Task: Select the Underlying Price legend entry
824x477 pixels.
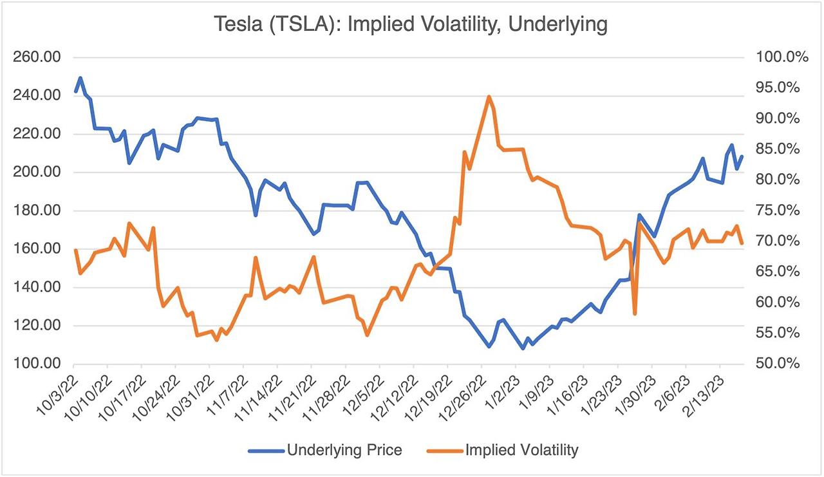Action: pyautogui.click(x=344, y=449)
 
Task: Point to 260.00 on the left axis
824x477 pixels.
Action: pyautogui.click(x=37, y=57)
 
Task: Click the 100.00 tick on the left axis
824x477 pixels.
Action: pyautogui.click(x=37, y=364)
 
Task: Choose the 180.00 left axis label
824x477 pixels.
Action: pyautogui.click(x=37, y=210)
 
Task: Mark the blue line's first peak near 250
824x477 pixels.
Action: pyautogui.click(x=80, y=78)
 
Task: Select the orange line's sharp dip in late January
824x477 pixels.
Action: pyautogui.click(x=635, y=313)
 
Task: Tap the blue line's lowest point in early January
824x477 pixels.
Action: pyautogui.click(x=523, y=348)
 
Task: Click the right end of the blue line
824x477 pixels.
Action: pyautogui.click(x=742, y=156)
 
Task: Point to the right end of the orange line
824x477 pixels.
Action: pyautogui.click(x=742, y=243)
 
